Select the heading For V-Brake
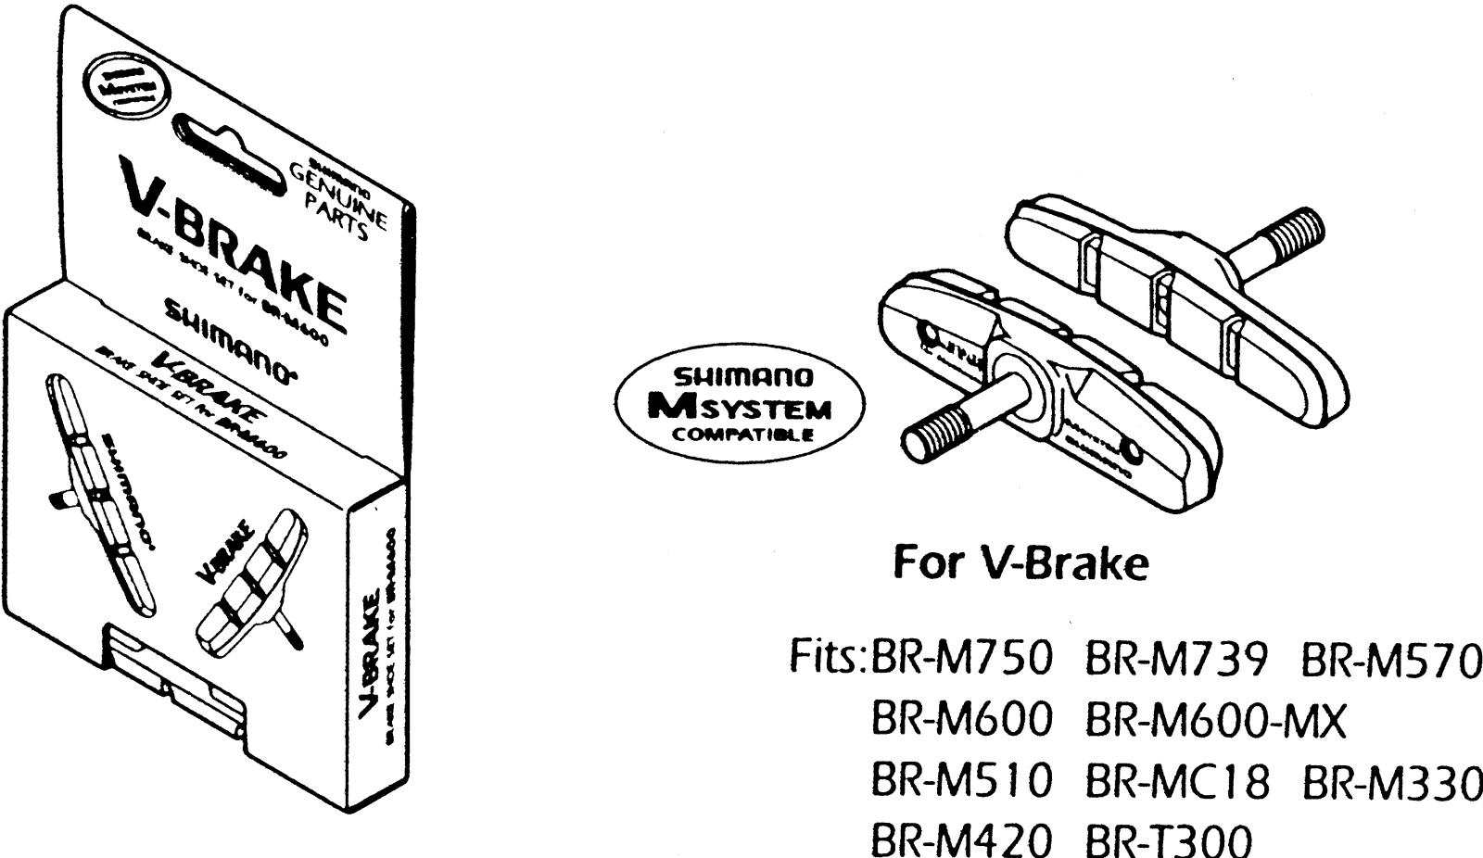pyautogui.click(x=1020, y=563)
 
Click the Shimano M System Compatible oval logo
pyautogui.click(x=739, y=406)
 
